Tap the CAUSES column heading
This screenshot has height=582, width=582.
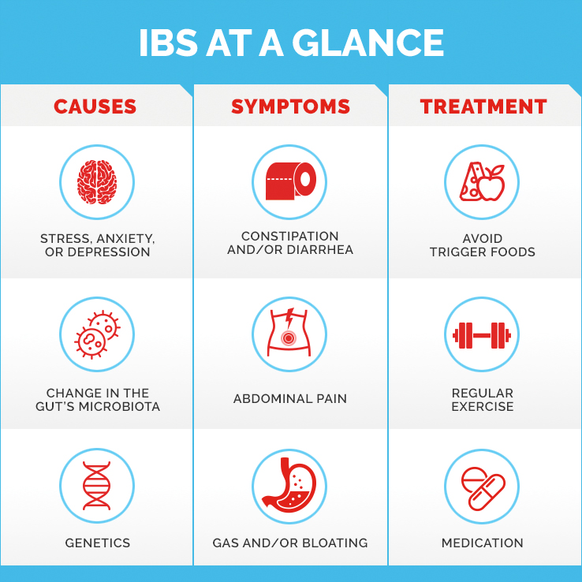[95, 106]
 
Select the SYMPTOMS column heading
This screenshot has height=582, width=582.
[291, 106]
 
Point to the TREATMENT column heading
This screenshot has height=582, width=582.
[483, 106]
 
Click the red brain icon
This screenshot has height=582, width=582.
[97, 182]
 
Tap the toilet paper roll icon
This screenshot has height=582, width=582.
[291, 181]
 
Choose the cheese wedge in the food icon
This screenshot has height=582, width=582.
[471, 181]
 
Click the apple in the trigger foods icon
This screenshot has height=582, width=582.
[492, 184]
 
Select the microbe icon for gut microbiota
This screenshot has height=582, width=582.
[97, 334]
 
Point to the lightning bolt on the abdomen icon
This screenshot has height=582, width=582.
[289, 316]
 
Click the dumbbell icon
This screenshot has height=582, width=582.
[482, 335]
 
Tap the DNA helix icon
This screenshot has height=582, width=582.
[96, 486]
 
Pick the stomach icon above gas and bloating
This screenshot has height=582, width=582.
[289, 484]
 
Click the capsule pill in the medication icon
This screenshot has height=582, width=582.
[487, 492]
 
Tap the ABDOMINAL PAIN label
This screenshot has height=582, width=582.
[290, 398]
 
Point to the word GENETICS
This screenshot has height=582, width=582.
[98, 543]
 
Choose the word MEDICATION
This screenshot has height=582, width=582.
[482, 543]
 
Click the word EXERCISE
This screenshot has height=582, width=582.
[483, 406]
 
